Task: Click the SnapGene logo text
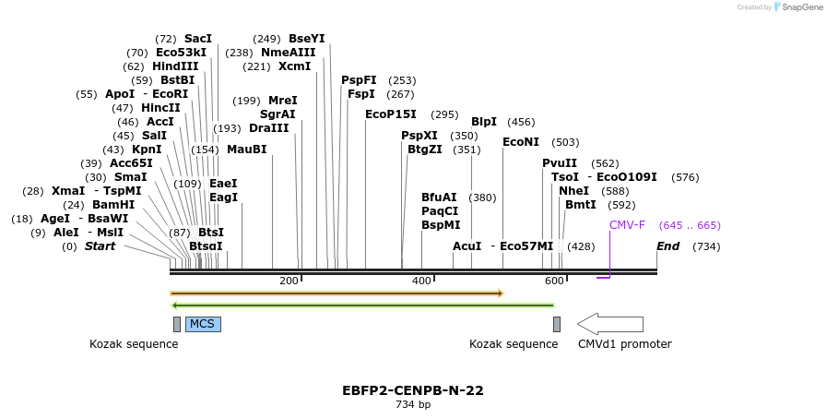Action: (798, 7)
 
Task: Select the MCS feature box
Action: (203, 324)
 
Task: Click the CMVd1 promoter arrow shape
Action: (609, 324)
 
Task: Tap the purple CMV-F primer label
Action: (627, 225)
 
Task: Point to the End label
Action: (668, 246)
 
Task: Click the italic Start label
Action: (101, 246)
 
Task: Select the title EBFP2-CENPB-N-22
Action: (413, 390)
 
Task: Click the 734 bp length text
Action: (413, 404)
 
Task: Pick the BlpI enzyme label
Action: (484, 122)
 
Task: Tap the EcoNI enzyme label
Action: (521, 142)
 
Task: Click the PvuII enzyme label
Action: (560, 163)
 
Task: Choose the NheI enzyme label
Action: (573, 191)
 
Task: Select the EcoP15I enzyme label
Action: (391, 114)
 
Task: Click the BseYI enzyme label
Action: (307, 39)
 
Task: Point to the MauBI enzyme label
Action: (246, 150)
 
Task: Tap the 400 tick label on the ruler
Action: (421, 281)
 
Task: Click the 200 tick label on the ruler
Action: (289, 281)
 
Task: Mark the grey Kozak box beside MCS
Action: (177, 324)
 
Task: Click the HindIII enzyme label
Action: (175, 66)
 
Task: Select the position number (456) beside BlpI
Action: (521, 122)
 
